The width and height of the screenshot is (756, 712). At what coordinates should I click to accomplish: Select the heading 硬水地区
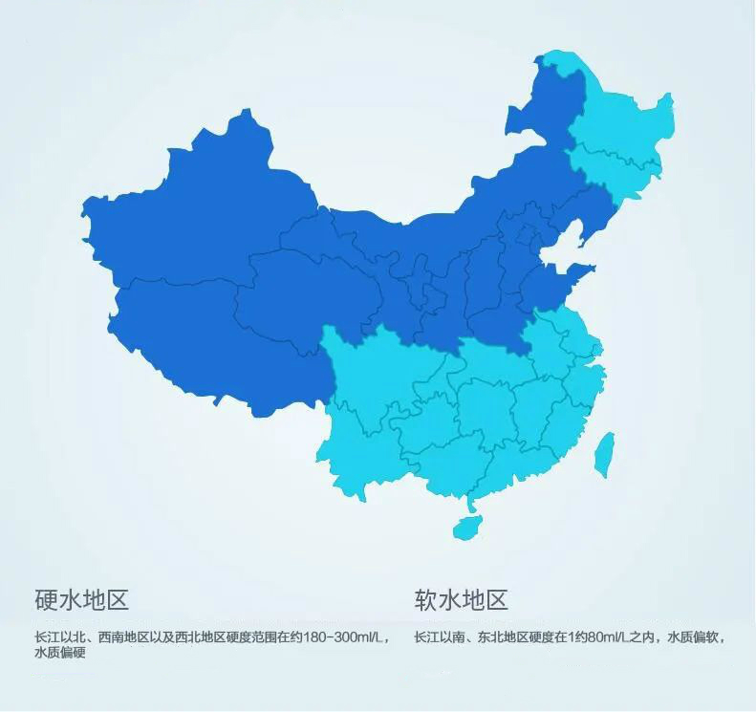(81, 600)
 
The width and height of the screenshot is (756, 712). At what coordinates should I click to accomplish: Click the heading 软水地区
(461, 600)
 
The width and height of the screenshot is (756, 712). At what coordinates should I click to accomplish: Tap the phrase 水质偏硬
(60, 654)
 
